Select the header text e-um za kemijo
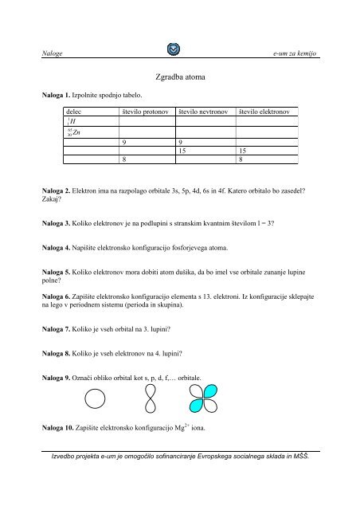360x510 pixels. pos(295,53)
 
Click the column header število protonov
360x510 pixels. pos(144,112)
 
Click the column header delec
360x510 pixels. pos(77,112)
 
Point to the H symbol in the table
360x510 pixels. pos(74,123)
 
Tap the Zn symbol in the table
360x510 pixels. pos(76,133)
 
